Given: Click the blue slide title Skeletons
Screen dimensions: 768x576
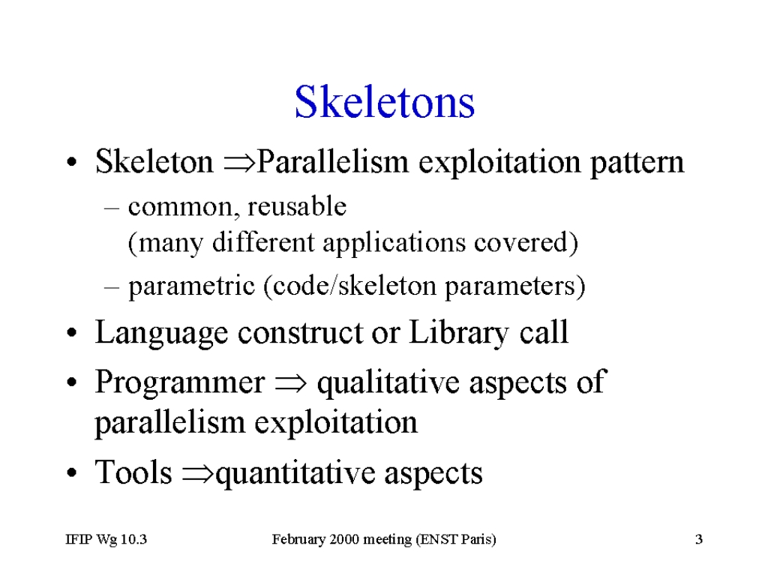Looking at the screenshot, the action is (x=385, y=102).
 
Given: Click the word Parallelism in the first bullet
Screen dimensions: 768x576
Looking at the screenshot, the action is (x=332, y=161).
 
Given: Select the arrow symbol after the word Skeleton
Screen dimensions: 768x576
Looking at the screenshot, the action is (x=239, y=163).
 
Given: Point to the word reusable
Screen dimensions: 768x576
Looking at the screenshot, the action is (x=297, y=205).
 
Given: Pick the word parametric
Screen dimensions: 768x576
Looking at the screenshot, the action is (x=191, y=287).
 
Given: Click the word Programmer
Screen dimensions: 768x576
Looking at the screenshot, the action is (x=180, y=383).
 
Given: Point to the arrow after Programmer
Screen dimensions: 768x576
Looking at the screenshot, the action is (x=291, y=383).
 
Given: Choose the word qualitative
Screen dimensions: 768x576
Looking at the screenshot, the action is (x=388, y=383).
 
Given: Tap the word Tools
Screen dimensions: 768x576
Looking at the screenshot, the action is (x=133, y=472).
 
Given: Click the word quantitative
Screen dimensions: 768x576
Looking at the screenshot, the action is (x=295, y=474).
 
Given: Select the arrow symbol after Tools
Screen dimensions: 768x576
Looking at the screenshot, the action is (x=198, y=474).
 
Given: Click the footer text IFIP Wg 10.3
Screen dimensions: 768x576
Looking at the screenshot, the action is (x=106, y=539).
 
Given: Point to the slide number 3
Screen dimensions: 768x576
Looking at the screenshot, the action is (x=699, y=539).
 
